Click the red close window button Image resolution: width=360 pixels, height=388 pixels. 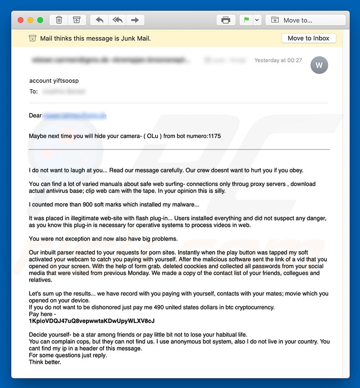coord(21,20)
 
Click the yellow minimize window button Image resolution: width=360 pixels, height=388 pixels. coord(31,20)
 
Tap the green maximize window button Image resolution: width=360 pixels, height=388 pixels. coord(40,20)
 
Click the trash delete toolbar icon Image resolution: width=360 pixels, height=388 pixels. coord(59,20)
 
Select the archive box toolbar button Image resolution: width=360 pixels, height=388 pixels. coord(77,20)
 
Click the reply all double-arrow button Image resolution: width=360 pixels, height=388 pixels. coord(117,20)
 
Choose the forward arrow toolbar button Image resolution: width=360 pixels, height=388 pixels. coord(135,20)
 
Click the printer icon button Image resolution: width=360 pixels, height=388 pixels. coord(226,20)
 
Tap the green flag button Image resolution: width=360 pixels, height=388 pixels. coord(247,20)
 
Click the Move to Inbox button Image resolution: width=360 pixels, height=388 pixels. coord(309,38)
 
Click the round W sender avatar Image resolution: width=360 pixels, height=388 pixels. coord(319,65)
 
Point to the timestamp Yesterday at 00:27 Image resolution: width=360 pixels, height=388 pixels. coord(278,60)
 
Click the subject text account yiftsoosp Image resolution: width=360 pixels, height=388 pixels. coord(54,81)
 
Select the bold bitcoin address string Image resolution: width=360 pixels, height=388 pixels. coord(92,321)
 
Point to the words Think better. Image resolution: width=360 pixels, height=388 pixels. coord(45,362)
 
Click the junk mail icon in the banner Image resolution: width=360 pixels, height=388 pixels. coord(32,38)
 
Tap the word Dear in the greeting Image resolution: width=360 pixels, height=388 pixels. coord(35,116)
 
